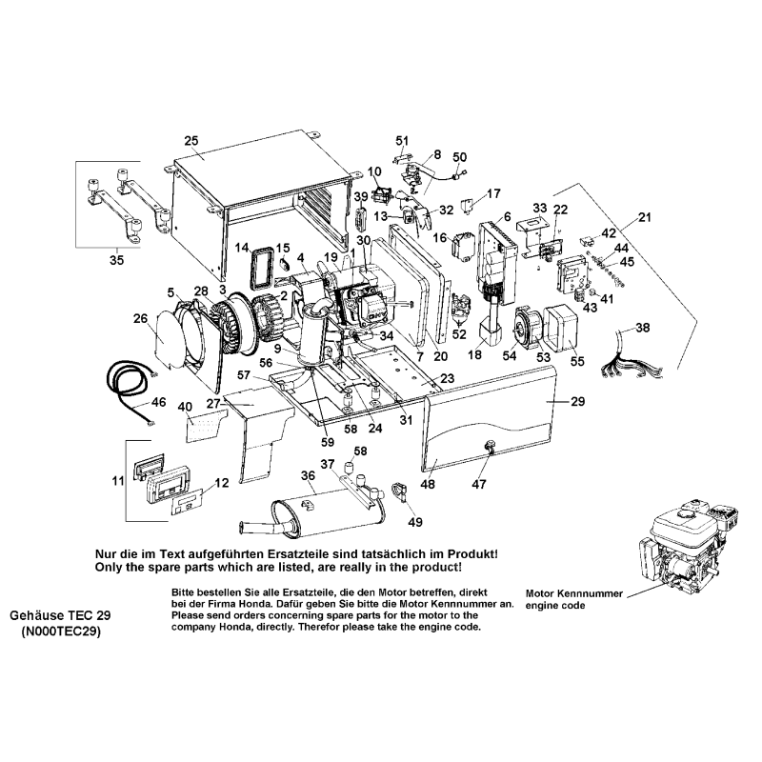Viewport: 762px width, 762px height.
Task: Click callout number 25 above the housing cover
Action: (190, 141)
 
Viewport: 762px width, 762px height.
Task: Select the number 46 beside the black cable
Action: (158, 404)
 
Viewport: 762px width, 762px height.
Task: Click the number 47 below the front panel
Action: (479, 484)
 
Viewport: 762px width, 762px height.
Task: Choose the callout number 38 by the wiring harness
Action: (643, 328)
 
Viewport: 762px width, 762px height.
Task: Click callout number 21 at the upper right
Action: (645, 218)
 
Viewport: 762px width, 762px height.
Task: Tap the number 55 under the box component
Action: (578, 363)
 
